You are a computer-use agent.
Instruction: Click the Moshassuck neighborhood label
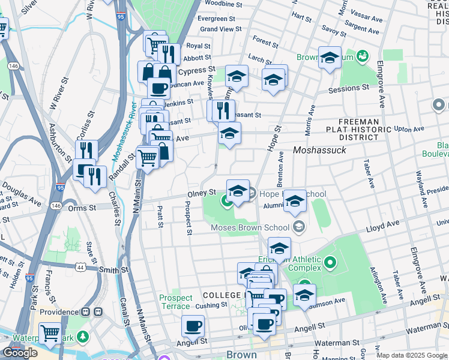tap(319, 150)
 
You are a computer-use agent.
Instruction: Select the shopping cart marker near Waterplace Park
tap(50, 333)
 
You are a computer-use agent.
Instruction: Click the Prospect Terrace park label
tap(176, 302)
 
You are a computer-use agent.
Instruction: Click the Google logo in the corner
tap(20, 353)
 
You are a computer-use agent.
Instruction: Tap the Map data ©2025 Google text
tap(412, 355)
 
